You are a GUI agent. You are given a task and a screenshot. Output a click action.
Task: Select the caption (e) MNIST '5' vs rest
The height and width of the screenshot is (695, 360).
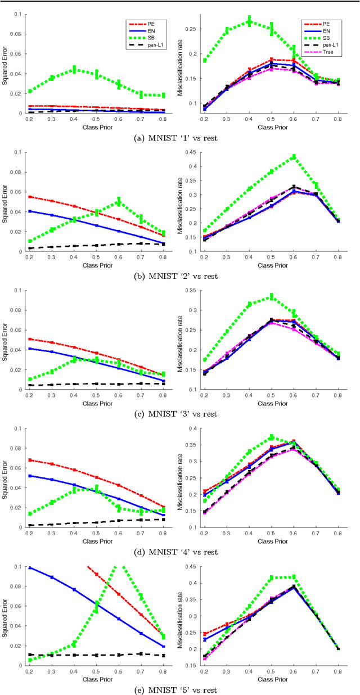tap(179, 690)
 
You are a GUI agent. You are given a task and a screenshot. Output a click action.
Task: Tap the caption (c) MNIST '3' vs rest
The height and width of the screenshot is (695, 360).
tap(179, 414)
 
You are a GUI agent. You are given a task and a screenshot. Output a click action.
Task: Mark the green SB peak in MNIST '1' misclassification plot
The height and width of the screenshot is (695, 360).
tap(249, 21)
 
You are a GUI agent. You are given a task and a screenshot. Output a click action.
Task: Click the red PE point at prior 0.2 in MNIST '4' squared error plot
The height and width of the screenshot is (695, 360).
tap(29, 460)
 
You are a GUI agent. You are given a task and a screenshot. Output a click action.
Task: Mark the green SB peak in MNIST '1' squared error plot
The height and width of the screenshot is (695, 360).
tap(74, 70)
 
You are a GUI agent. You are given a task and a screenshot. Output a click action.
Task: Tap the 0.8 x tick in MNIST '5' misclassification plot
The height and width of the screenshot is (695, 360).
tap(337, 671)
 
